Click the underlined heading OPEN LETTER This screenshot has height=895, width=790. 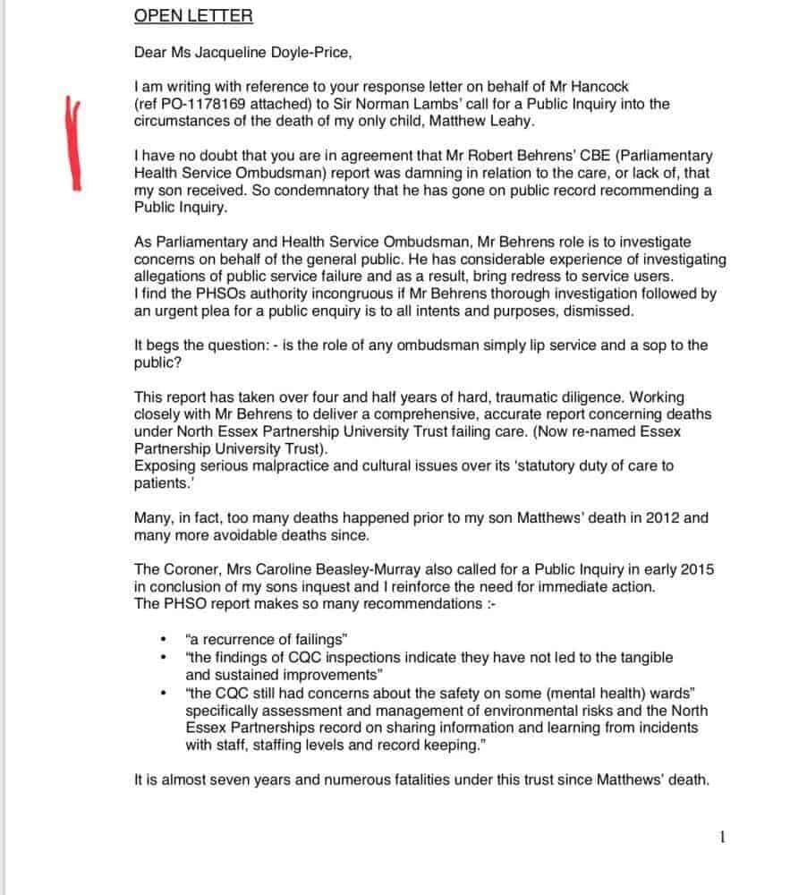(x=181, y=16)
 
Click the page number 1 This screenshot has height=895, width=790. (x=723, y=837)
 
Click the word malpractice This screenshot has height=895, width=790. (x=299, y=466)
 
